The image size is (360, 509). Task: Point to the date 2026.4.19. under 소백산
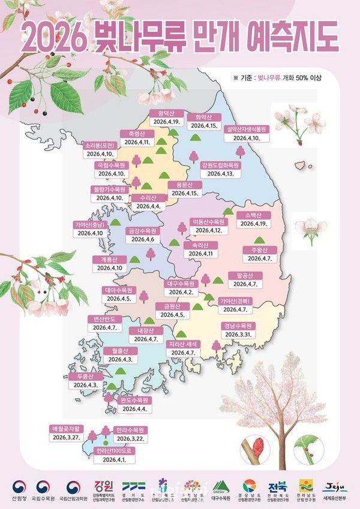click(x=254, y=224)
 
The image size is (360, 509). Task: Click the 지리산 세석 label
click(x=184, y=344)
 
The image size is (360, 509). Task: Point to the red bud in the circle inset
click(x=253, y=447)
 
